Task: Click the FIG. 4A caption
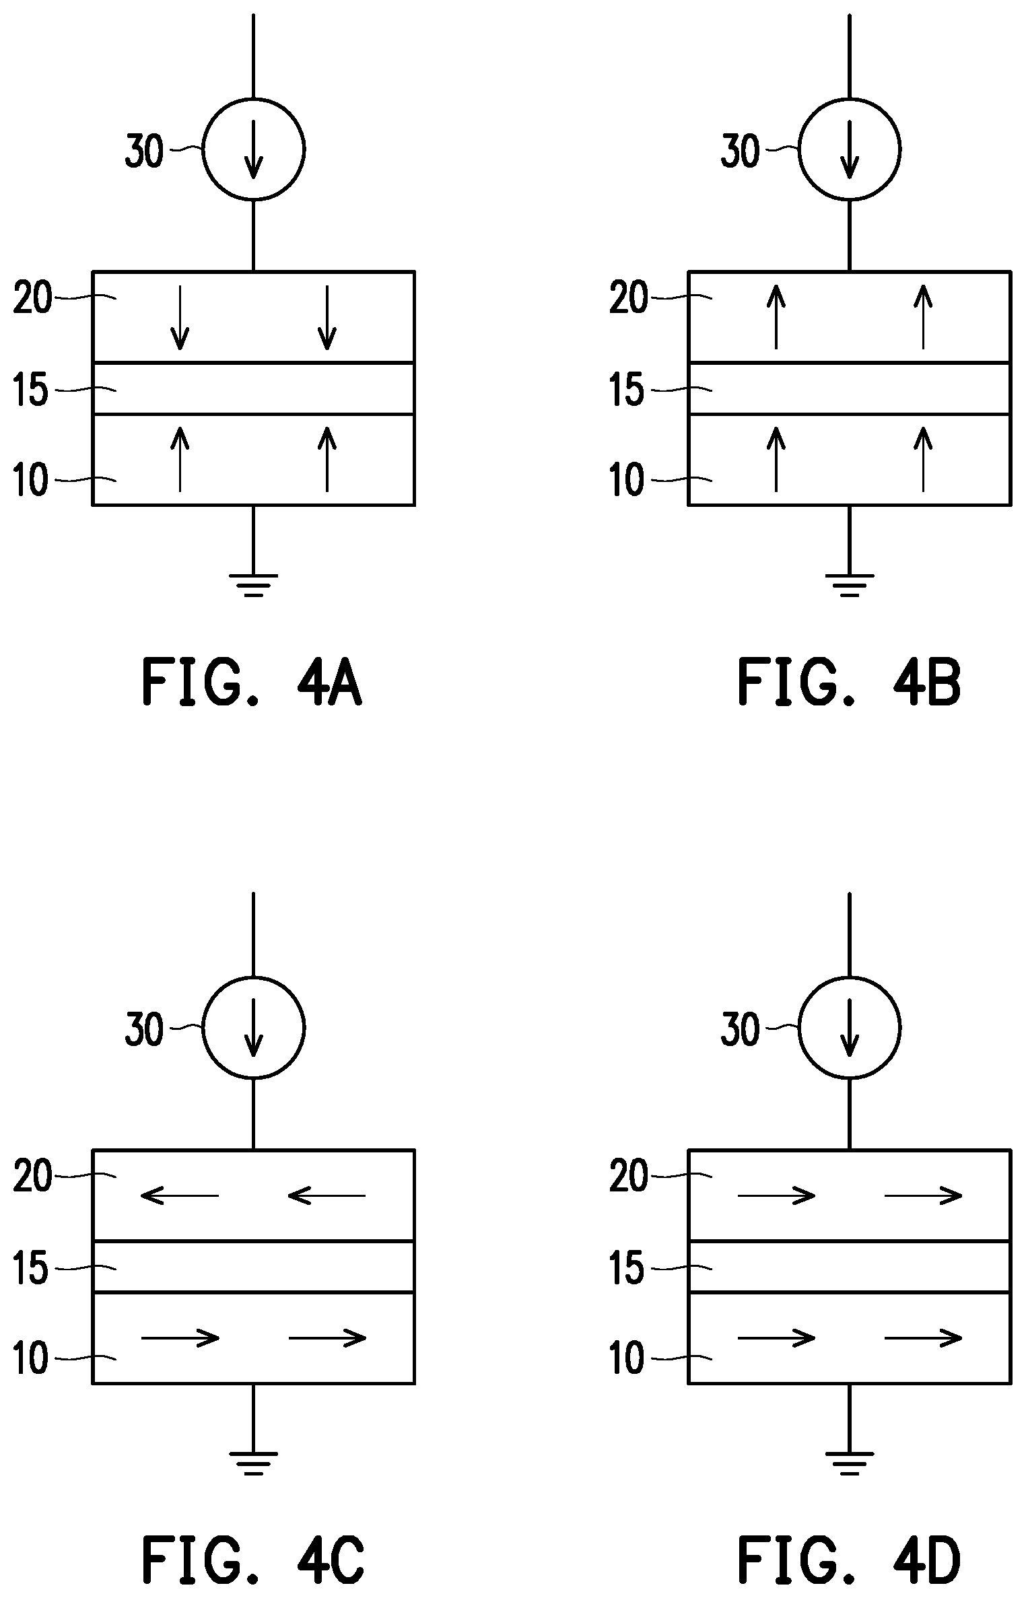click(x=252, y=683)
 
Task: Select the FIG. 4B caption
click(x=849, y=683)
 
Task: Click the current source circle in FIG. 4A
click(x=254, y=149)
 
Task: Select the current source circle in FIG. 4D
click(x=850, y=1028)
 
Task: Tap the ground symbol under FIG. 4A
click(x=253, y=585)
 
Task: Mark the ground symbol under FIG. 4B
click(x=850, y=585)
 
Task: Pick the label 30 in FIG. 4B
click(x=740, y=151)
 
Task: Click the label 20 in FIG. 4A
click(x=32, y=298)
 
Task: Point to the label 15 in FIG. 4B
click(x=627, y=390)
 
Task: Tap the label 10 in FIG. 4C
click(x=31, y=1358)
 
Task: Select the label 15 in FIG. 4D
click(x=627, y=1269)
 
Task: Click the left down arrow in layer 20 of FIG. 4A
click(x=180, y=318)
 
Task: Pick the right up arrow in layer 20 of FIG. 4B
click(x=923, y=316)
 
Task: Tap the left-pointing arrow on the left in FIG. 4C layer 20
click(x=180, y=1195)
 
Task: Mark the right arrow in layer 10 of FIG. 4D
click(x=923, y=1337)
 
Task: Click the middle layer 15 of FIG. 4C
click(x=253, y=1266)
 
